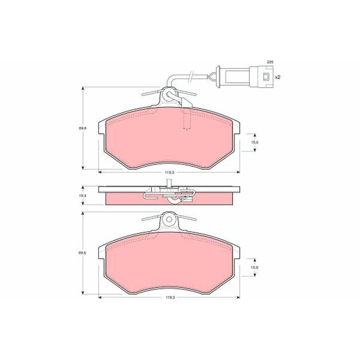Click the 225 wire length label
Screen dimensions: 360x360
click(270, 62)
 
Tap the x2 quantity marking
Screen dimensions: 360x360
click(278, 77)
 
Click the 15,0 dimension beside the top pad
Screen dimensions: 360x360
click(255, 142)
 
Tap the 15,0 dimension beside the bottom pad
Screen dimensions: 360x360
click(255, 267)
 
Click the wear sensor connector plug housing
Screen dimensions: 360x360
click(261, 76)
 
